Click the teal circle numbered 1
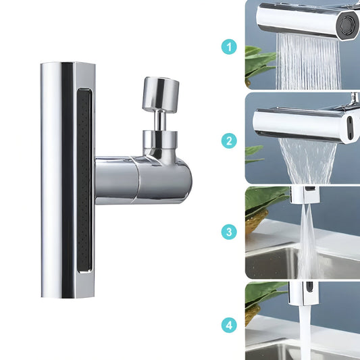point(229,47)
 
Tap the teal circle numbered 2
point(229,140)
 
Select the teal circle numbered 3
point(229,232)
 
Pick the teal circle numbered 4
point(229,326)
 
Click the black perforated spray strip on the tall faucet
point(84,180)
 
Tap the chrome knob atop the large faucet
point(161,94)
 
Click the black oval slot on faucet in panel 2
point(350,128)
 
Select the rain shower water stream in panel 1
point(308,62)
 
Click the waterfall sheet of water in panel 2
point(307,161)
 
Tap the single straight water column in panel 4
point(305,332)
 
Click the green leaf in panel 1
point(259,61)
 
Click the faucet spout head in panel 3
point(305,195)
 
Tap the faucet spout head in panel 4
point(303,293)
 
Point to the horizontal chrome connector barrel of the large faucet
point(143,180)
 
